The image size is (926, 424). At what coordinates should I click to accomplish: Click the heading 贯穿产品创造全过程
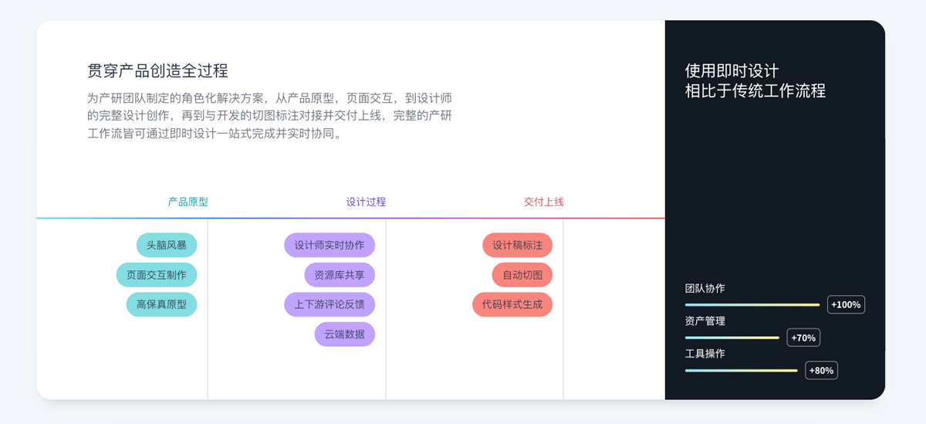pyautogui.click(x=157, y=71)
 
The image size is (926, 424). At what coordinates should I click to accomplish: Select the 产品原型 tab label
pyautogui.click(x=188, y=202)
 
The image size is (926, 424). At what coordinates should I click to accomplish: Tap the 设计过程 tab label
pyautogui.click(x=366, y=202)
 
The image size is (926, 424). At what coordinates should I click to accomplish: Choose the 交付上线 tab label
pyautogui.click(x=543, y=202)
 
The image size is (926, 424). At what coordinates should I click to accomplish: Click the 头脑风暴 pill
pyautogui.click(x=167, y=245)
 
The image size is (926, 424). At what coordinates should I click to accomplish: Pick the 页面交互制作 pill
pyautogui.click(x=156, y=275)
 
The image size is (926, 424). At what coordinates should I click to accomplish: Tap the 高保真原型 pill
pyautogui.click(x=161, y=304)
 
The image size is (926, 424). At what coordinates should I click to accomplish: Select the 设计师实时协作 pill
pyautogui.click(x=330, y=245)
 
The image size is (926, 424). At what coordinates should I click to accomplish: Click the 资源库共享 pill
pyautogui.click(x=340, y=275)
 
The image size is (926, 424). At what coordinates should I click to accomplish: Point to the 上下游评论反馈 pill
pyautogui.click(x=330, y=304)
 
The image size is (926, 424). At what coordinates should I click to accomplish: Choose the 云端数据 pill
pyautogui.click(x=345, y=334)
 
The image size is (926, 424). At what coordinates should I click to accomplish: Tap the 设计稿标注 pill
pyautogui.click(x=518, y=245)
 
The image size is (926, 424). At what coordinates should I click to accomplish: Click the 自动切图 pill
pyautogui.click(x=522, y=275)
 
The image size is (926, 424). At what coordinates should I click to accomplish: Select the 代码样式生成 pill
pyautogui.click(x=512, y=304)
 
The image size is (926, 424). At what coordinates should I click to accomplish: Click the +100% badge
pyautogui.click(x=846, y=305)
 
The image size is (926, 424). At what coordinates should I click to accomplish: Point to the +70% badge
pyautogui.click(x=803, y=338)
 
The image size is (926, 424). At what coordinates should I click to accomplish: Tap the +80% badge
pyautogui.click(x=821, y=371)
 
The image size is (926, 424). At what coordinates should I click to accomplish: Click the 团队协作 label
pyautogui.click(x=705, y=288)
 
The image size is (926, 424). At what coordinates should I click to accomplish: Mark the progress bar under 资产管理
pyautogui.click(x=732, y=338)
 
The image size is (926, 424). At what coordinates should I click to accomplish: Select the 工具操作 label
pyautogui.click(x=705, y=354)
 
